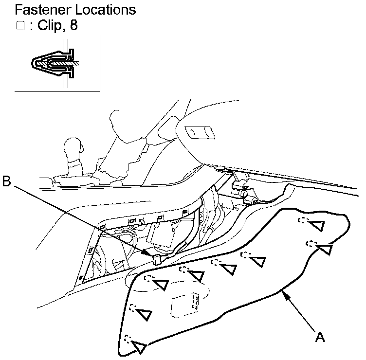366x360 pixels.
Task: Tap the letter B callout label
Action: coord(7,181)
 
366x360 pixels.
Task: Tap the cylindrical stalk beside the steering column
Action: coord(199,132)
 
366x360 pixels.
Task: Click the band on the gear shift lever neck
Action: coord(74,163)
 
